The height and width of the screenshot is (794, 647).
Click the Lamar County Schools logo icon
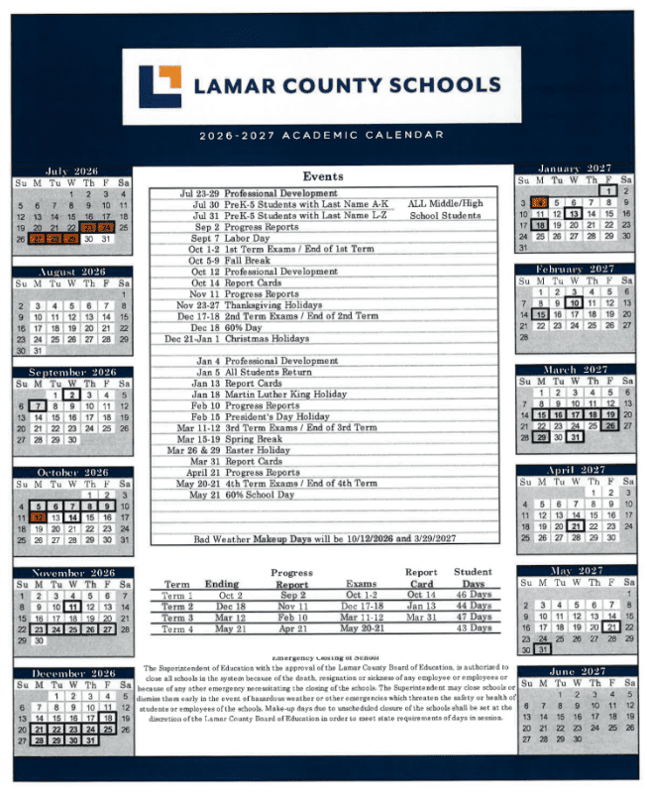coord(159,86)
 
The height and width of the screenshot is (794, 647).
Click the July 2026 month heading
coord(71,171)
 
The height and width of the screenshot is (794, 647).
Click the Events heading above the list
coord(323,176)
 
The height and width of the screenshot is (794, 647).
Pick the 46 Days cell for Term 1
coord(473,596)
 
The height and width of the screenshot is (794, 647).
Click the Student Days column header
coord(473,578)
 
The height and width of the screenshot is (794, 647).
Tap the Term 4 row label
coord(178,629)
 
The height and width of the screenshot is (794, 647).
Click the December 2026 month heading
coord(71,673)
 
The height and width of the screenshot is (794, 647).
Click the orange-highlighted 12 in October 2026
coord(38,517)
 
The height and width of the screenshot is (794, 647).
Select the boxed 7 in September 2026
coord(38,405)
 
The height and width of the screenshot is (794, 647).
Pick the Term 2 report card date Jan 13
coord(421,607)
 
